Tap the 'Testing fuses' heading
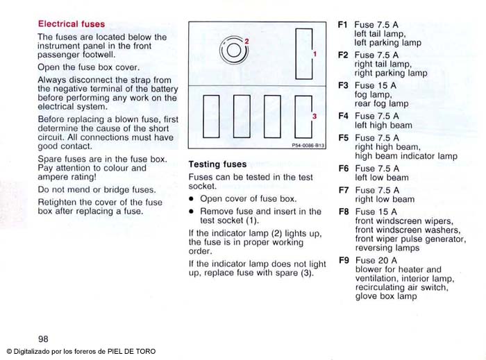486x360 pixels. pos(217,164)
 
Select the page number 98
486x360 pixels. pos(43,338)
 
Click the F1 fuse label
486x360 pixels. pos(342,24)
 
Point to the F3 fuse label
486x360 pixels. pos(343,85)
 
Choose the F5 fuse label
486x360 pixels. pos(343,137)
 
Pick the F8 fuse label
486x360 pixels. pos(343,212)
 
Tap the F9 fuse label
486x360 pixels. pos(343,260)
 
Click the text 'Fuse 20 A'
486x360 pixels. pos(376,261)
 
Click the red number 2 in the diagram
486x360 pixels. pos(246,42)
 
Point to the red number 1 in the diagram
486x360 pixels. pos(314,53)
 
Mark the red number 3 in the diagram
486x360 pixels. pos(314,117)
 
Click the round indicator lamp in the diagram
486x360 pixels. pos(233,51)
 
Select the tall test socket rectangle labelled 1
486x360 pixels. pos(303,53)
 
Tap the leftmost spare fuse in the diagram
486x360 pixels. pos(211,116)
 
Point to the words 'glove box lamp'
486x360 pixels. pos(386,296)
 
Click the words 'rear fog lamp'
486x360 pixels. pos(381,103)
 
